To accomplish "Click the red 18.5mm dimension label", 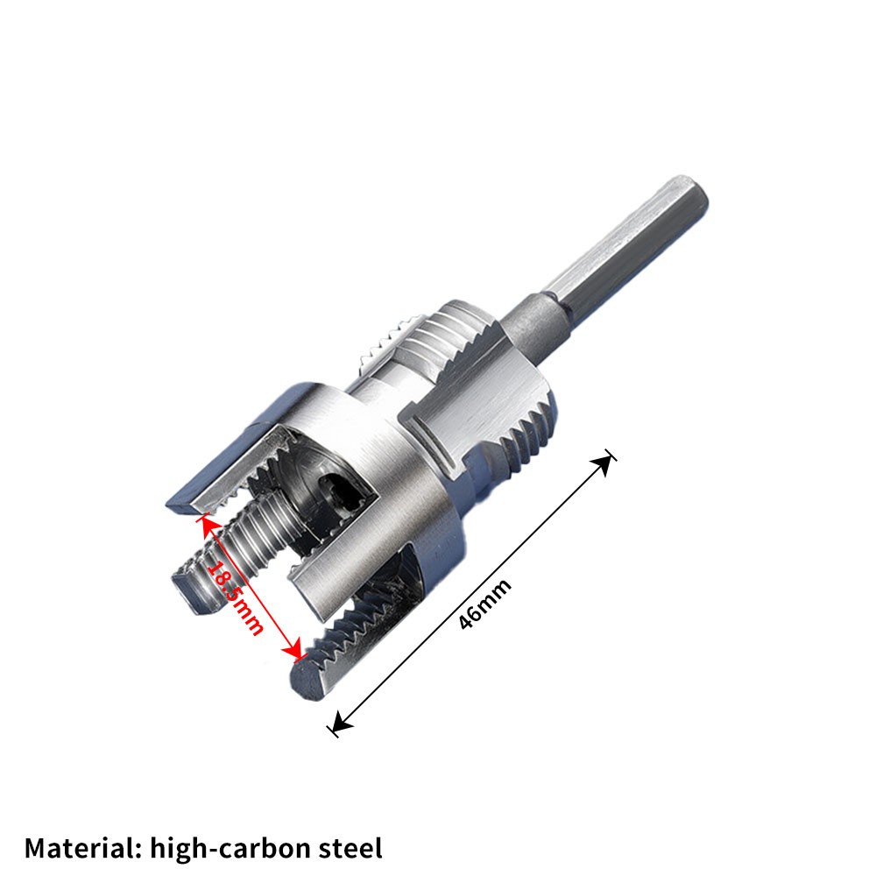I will click(235, 597).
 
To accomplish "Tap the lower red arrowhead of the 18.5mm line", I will click(296, 653).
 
